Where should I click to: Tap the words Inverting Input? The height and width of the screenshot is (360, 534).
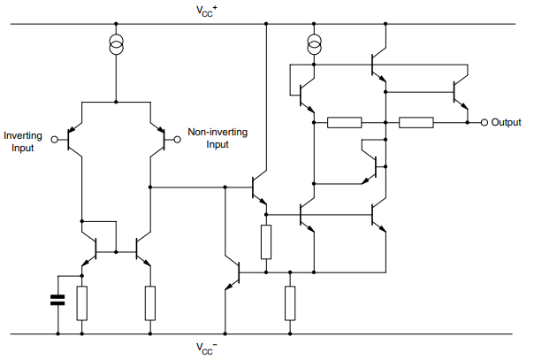[x=19, y=141]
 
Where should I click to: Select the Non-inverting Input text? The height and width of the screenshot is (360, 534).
[x=217, y=138]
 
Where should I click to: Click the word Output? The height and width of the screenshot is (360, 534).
[x=507, y=122]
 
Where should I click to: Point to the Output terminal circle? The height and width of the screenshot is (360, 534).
[x=484, y=122]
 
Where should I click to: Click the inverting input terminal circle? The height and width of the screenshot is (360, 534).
[x=55, y=139]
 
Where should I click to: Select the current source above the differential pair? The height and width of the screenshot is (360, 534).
[x=115, y=45]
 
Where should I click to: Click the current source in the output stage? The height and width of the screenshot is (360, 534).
[x=313, y=43]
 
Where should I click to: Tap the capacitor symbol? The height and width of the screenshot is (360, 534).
[x=58, y=300]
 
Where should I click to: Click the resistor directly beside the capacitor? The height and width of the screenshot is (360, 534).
[x=82, y=303]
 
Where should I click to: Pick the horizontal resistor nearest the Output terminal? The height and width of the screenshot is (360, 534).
[x=416, y=122]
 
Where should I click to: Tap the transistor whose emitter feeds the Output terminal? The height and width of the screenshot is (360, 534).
[x=458, y=92]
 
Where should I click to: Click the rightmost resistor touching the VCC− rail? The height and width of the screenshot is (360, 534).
[x=290, y=303]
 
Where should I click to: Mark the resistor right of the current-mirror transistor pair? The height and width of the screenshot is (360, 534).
[x=150, y=303]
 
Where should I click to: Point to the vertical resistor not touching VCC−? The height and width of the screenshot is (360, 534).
[x=265, y=241]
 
